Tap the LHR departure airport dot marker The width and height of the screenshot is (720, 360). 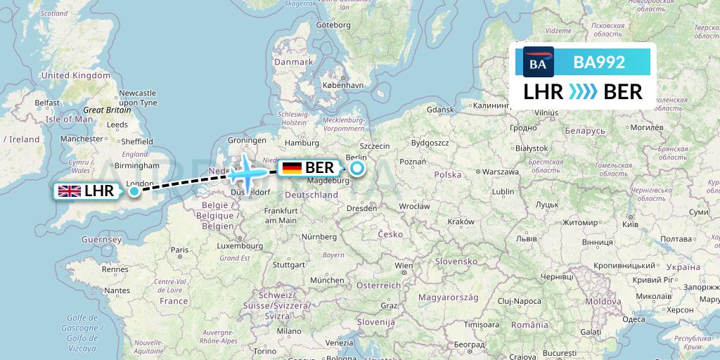click(x=134, y=191)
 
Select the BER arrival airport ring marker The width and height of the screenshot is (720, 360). click(x=357, y=168)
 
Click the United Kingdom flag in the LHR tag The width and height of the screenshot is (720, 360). click(x=70, y=191)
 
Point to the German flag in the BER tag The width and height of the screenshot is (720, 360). click(x=292, y=168)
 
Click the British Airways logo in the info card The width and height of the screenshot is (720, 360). click(x=539, y=63)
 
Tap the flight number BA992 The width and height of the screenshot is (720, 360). click(x=599, y=63)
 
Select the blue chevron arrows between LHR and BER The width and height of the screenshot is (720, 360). click(x=583, y=92)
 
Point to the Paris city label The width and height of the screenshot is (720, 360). click(x=179, y=250)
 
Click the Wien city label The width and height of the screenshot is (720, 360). click(x=404, y=266)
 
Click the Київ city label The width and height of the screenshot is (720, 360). click(x=631, y=224)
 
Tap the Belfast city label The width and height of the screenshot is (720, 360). click(x=48, y=103)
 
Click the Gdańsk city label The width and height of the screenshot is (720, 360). click(x=441, y=110)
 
